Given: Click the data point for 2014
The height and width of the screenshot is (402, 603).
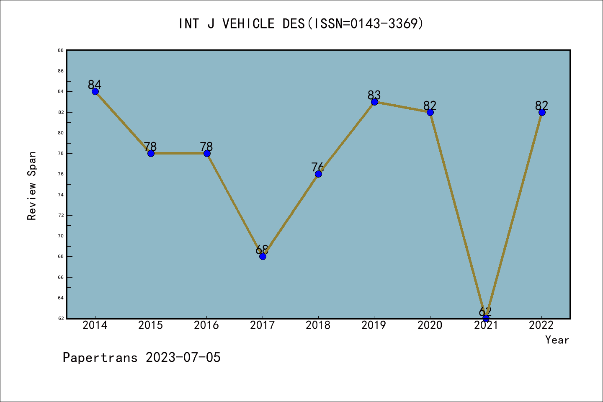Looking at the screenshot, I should (x=95, y=92).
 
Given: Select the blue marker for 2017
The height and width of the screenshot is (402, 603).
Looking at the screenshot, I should (x=263, y=256).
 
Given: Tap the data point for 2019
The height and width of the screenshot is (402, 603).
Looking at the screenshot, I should (x=374, y=102).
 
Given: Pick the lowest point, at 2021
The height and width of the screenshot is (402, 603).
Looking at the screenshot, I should (x=486, y=318).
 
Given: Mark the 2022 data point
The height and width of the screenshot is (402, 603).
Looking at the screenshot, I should (x=542, y=112).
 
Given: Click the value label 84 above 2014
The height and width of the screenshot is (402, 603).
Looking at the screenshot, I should (x=95, y=85).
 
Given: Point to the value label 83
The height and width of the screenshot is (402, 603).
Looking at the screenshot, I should (x=374, y=95).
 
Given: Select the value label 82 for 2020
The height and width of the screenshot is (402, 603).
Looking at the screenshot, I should (x=430, y=106).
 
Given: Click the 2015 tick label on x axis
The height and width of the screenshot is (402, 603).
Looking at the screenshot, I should (x=151, y=325).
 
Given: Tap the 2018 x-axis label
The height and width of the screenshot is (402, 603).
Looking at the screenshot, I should (x=318, y=325).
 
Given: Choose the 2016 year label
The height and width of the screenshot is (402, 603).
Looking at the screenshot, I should (x=206, y=325).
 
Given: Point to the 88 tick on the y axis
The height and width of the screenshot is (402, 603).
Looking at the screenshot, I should (x=61, y=50).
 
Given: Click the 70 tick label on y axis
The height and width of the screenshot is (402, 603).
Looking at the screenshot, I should (x=61, y=236).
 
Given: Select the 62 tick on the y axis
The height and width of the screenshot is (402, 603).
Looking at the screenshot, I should (x=61, y=318).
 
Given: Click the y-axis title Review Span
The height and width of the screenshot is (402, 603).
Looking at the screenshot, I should (x=32, y=186).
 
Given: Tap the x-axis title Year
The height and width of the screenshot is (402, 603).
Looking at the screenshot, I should (x=557, y=340).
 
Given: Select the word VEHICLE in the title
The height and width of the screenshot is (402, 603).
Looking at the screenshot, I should (x=248, y=23).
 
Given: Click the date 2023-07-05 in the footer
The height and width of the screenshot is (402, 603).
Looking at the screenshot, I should (x=183, y=358).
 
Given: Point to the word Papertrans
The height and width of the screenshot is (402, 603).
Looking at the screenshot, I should (x=100, y=358).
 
